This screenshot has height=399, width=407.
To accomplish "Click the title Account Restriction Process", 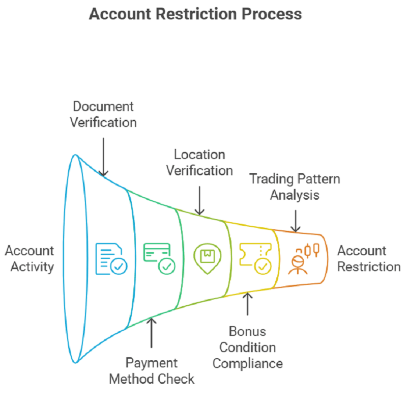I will [x=195, y=13].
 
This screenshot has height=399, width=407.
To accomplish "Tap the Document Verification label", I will [x=103, y=114].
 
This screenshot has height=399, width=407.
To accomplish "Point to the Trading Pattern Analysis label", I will [x=295, y=187].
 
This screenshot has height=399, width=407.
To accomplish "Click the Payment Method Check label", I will [x=152, y=370].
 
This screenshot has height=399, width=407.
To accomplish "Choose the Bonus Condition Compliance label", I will [x=247, y=347].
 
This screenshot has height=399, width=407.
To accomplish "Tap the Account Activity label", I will [x=29, y=258].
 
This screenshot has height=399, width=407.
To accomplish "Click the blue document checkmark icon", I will [x=111, y=259].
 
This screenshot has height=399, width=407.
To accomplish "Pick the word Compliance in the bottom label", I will [x=247, y=363].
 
